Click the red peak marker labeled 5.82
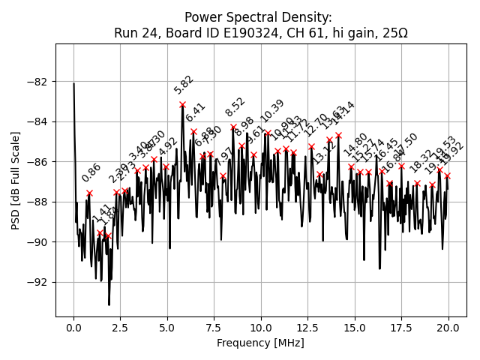(182, 104)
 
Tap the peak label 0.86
(91, 172)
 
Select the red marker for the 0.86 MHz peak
(89, 193)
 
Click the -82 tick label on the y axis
(39, 81)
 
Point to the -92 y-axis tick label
(39, 282)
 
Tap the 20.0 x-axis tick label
(448, 328)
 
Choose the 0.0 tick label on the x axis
(73, 328)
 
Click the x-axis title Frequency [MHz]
(260, 343)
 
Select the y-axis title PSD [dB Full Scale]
(15, 180)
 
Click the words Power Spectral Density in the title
(258, 17)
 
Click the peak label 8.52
(235, 107)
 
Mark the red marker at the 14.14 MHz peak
(338, 135)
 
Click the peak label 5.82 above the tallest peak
(183, 84)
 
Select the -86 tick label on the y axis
(39, 161)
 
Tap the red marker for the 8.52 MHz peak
(233, 127)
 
